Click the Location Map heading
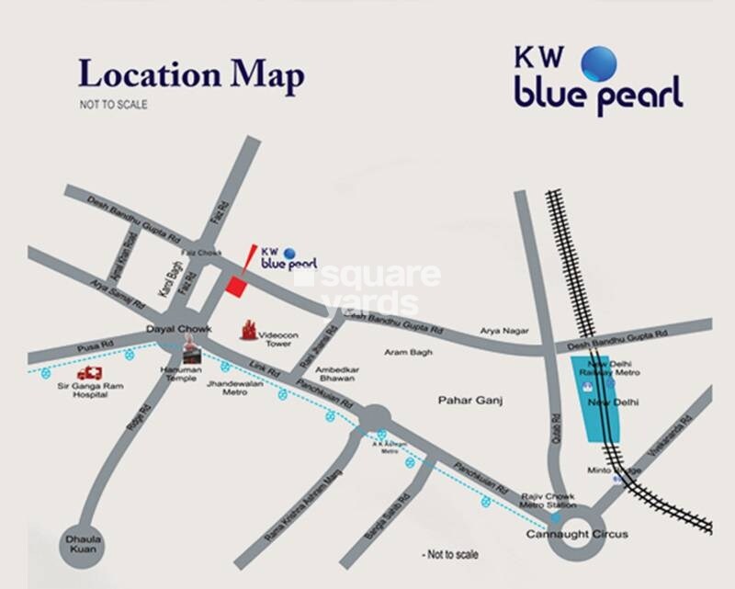pos(190,75)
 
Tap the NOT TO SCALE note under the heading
pos(113,105)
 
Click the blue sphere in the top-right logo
pos(599,62)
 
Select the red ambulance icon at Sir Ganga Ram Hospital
pos(90,373)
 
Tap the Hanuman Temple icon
pos(191,348)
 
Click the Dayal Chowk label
pos(180,330)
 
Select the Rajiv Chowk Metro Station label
pos(548,500)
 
